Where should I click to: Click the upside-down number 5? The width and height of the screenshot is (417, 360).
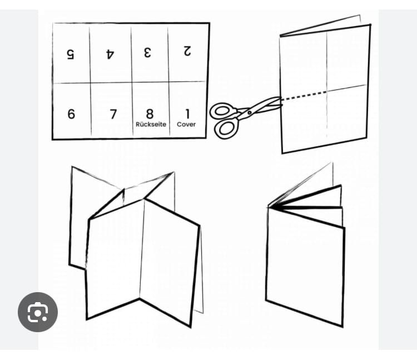(x=70, y=54)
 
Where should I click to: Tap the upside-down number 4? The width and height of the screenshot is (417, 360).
(x=110, y=54)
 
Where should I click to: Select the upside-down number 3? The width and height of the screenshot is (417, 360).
(x=147, y=52)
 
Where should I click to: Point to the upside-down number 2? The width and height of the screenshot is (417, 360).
(x=187, y=51)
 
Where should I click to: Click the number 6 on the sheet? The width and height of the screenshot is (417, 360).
(x=71, y=114)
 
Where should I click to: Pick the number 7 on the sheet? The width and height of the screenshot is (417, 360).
(x=113, y=114)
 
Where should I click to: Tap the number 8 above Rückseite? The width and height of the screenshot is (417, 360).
(x=150, y=114)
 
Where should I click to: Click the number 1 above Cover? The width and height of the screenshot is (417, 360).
(x=187, y=114)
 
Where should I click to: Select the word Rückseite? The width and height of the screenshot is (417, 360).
(x=151, y=124)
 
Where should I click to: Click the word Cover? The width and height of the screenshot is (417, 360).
(x=186, y=124)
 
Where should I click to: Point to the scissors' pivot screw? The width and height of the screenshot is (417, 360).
(x=249, y=113)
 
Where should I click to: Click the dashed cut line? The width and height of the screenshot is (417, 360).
(x=304, y=96)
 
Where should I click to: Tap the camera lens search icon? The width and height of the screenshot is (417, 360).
(x=38, y=312)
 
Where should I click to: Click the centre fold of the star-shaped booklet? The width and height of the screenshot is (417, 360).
(x=142, y=249)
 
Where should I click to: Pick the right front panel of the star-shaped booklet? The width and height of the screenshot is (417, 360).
(x=170, y=263)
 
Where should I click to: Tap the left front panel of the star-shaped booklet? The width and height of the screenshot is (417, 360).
(x=115, y=259)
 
